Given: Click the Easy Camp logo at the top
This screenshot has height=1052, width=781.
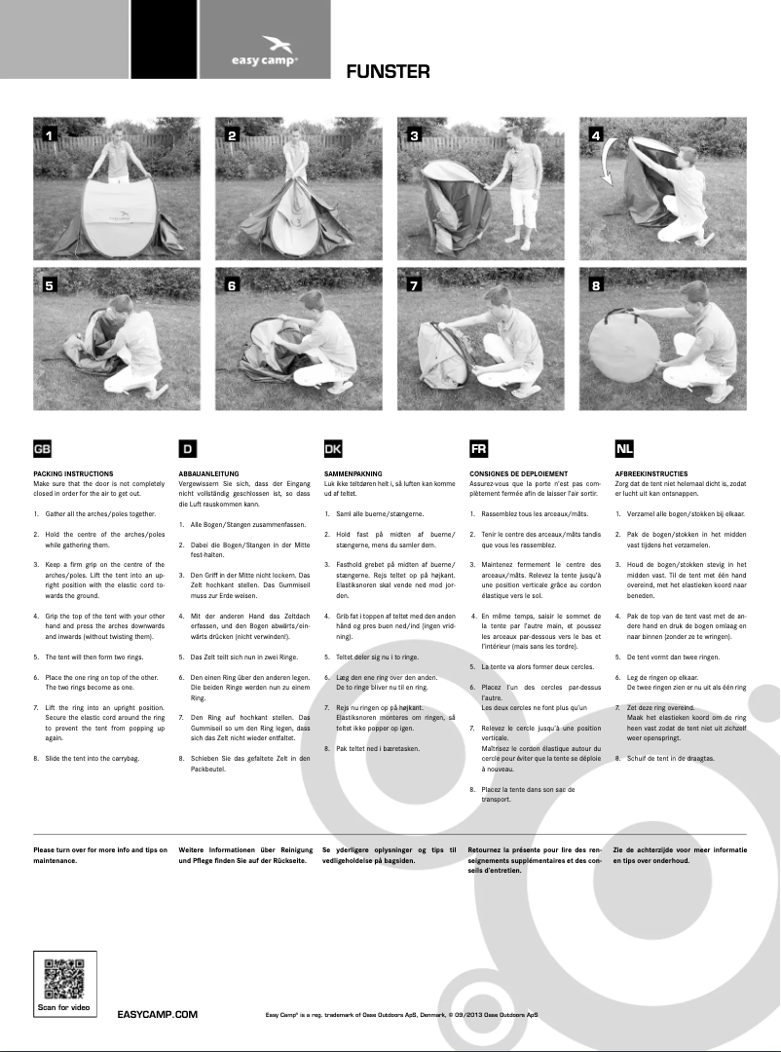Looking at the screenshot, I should click(265, 50).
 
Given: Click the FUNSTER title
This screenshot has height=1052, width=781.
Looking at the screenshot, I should click(388, 71).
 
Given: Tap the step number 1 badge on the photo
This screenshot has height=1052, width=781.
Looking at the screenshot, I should click(50, 135).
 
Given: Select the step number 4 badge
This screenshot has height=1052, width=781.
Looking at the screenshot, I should click(596, 135).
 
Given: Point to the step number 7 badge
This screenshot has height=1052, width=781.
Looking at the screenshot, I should click(414, 285).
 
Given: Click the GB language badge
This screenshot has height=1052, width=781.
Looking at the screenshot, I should click(43, 449).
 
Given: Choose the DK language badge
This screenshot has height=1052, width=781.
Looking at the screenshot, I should click(332, 449).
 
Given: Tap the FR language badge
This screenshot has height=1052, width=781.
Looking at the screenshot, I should click(478, 449).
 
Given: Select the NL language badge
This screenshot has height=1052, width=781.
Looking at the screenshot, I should click(624, 449).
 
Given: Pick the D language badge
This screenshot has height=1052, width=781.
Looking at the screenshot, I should click(188, 449).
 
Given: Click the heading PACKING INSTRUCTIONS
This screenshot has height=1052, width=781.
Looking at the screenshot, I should click(73, 473).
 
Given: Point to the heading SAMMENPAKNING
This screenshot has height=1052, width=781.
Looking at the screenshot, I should click(353, 473).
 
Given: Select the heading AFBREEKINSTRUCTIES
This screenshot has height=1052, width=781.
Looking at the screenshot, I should click(651, 473).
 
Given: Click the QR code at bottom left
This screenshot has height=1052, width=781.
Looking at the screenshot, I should click(65, 978).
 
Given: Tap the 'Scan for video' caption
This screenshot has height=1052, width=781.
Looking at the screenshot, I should click(65, 1007).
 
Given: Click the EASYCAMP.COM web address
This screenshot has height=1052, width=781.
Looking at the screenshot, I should click(157, 1014).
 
